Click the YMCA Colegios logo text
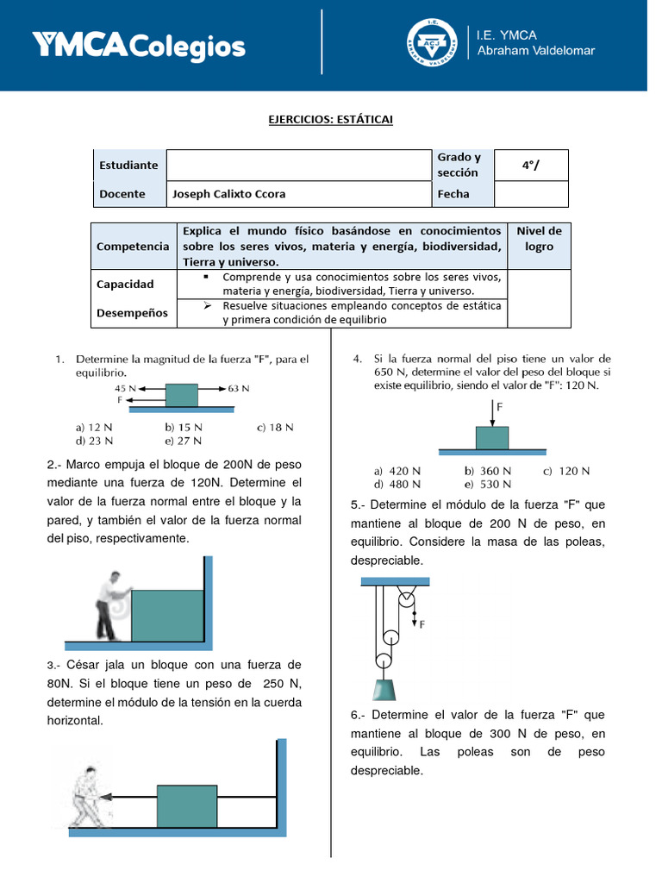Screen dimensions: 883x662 (x=139, y=46)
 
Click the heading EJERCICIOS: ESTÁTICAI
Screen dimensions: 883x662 (x=330, y=119)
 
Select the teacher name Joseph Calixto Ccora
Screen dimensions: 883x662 (x=229, y=194)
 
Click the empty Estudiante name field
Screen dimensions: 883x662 (x=298, y=165)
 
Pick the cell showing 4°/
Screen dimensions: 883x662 (x=531, y=165)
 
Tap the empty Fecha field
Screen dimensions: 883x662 (x=531, y=194)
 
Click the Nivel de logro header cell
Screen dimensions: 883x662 (x=539, y=239)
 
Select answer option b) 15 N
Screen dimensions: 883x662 (x=184, y=427)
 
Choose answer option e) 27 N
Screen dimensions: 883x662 (x=184, y=441)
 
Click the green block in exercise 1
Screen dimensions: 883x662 (x=182, y=395)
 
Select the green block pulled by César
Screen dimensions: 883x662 (x=187, y=806)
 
